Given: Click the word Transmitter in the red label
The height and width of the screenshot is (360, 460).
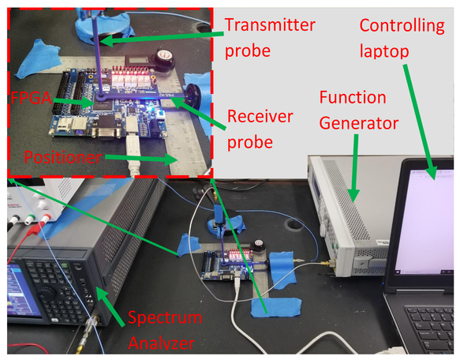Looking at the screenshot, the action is (x=270, y=25).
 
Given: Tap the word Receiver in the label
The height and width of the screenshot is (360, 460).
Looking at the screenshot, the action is (x=260, y=116).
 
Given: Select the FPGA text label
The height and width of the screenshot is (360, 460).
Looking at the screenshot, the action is (x=31, y=98).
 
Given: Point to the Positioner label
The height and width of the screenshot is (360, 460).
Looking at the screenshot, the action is (x=63, y=157).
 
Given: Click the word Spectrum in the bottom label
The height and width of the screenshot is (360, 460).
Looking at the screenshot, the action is (x=165, y=317).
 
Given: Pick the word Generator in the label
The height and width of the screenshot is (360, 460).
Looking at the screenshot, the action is (x=359, y=124).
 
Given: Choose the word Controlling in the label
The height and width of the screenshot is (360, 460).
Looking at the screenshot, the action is (x=402, y=26).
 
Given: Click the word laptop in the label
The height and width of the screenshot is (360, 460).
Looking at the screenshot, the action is (x=384, y=51).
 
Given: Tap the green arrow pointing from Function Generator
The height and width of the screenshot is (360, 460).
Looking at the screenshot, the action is (x=354, y=168).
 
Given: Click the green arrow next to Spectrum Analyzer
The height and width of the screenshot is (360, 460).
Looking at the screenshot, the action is (x=111, y=306).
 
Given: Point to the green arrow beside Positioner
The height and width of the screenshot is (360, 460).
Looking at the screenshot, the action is (x=141, y=159).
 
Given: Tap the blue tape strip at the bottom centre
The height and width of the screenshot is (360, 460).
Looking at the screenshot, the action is (x=276, y=307).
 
